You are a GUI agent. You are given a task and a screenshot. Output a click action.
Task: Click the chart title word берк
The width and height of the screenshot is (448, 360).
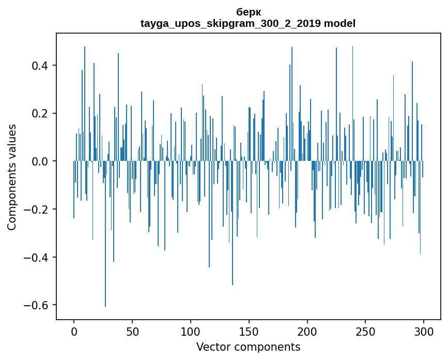[x=248, y=12]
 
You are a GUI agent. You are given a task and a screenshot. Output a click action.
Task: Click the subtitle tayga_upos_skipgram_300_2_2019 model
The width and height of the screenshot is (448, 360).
[x=248, y=23]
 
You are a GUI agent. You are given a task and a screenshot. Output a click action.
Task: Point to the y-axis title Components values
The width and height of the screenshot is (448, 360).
[x=12, y=177]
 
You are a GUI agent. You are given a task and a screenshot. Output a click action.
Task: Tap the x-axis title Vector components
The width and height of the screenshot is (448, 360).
[x=248, y=347]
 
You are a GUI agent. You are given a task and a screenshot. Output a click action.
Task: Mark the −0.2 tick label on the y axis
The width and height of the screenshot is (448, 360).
[x=37, y=209]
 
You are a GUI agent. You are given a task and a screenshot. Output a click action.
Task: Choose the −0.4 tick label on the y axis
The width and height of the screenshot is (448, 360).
[x=37, y=258]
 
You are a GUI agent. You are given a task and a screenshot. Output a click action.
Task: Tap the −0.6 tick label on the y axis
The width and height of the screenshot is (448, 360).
[x=37, y=305]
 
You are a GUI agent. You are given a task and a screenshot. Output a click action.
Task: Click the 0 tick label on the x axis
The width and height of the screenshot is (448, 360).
[x=74, y=332]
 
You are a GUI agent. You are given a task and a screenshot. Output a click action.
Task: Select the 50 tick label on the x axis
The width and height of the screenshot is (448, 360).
[x=132, y=332]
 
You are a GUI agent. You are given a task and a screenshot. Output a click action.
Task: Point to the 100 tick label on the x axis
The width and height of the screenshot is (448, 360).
[x=191, y=332]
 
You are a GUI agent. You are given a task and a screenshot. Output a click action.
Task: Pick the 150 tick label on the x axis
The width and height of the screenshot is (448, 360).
[x=249, y=332]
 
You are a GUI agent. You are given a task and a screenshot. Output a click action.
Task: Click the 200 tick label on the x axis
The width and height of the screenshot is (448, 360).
[x=307, y=332]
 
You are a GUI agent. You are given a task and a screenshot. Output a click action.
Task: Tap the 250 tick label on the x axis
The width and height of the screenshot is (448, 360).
[x=365, y=332]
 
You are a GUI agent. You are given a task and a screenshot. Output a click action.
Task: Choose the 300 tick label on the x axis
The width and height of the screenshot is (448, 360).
[x=424, y=332]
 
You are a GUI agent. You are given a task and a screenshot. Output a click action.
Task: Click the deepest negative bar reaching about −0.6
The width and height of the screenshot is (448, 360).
[x=105, y=259]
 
